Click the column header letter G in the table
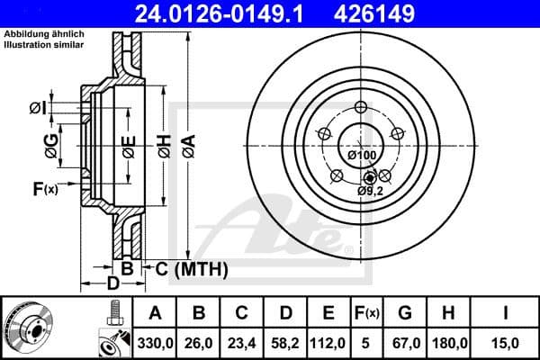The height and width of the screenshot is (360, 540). [x=405, y=312]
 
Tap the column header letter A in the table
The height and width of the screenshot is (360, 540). [x=155, y=312]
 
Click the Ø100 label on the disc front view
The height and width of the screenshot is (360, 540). [x=362, y=156]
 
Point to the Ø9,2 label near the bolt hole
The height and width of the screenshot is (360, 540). [x=370, y=191]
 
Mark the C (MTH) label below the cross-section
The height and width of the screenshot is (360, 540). [x=192, y=268]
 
